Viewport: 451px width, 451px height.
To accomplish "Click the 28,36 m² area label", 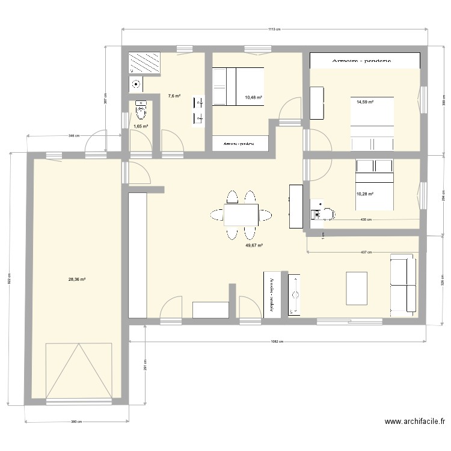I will (x=77, y=279).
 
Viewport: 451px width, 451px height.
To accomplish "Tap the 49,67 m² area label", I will (x=254, y=245).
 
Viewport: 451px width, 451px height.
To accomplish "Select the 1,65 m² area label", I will (x=141, y=127).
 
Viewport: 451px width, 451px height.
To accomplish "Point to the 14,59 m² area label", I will (x=364, y=102).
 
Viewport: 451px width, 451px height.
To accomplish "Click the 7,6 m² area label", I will (x=174, y=96).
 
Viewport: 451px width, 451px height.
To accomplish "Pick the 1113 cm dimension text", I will (x=274, y=28).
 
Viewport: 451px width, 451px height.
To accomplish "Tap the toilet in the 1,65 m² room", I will (x=142, y=111).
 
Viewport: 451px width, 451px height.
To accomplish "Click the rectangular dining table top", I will (x=241, y=214).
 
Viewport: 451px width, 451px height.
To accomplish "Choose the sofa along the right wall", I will (x=403, y=284).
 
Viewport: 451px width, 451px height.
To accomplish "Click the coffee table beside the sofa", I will (x=357, y=289).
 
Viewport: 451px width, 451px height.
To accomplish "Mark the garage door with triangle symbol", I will (x=79, y=370).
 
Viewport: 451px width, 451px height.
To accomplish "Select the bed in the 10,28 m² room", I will (x=374, y=185).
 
